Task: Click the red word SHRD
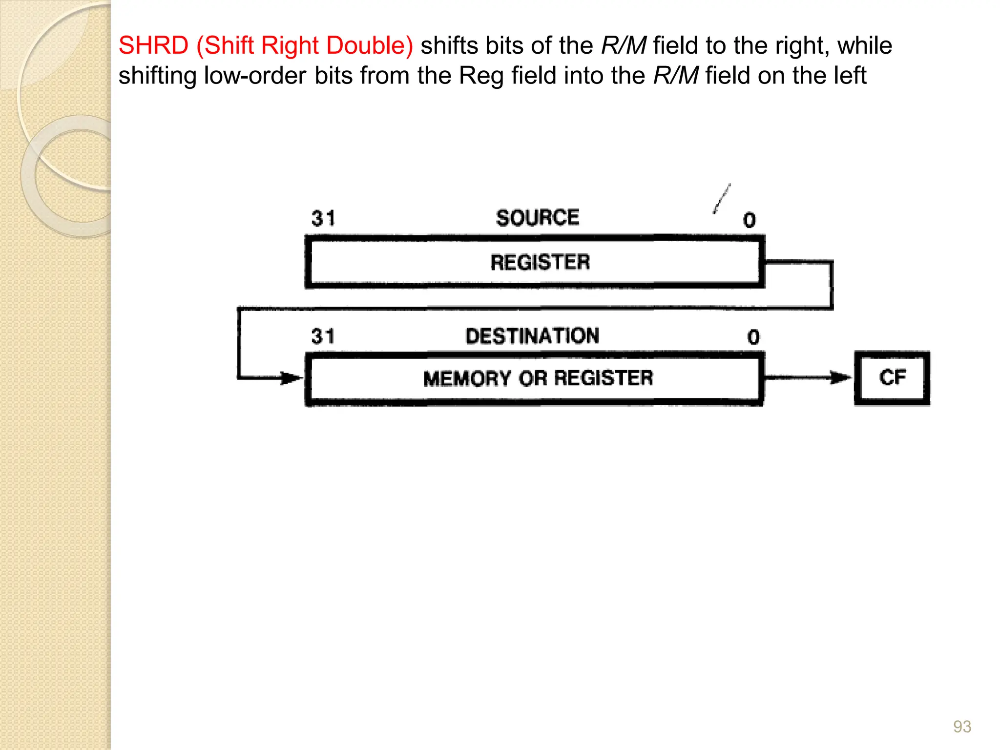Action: (x=153, y=45)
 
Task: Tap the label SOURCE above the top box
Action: (x=538, y=218)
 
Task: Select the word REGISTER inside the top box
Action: (x=540, y=262)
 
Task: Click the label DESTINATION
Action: (x=532, y=336)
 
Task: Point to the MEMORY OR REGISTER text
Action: (x=538, y=378)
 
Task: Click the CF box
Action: (x=892, y=378)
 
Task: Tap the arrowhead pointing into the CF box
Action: (x=841, y=377)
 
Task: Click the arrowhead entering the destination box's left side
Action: (x=292, y=378)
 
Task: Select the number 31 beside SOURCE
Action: (x=323, y=218)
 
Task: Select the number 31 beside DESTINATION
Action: (x=323, y=336)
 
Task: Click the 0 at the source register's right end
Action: (x=750, y=220)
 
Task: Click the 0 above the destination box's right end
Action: (x=753, y=337)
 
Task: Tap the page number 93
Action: (x=962, y=727)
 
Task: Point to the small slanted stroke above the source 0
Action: (x=722, y=199)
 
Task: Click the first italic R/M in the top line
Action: (x=624, y=45)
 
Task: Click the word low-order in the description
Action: (x=255, y=76)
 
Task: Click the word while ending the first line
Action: (x=865, y=45)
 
